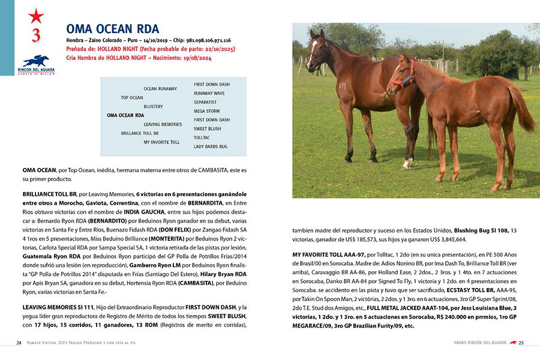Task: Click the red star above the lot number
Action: point(36,16)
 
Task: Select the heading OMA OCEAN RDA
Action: point(112,29)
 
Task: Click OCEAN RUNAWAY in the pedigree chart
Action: point(160,89)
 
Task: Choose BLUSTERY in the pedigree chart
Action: point(153,107)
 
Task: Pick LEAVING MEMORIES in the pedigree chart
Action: point(163,124)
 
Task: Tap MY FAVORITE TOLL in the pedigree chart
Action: point(161,142)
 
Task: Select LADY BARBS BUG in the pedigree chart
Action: point(210,146)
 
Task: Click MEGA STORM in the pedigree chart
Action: point(207,111)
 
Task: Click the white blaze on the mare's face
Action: point(312,52)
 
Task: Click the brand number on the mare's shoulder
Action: point(342,86)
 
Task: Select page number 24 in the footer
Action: point(19,343)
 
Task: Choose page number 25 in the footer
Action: point(521,343)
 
